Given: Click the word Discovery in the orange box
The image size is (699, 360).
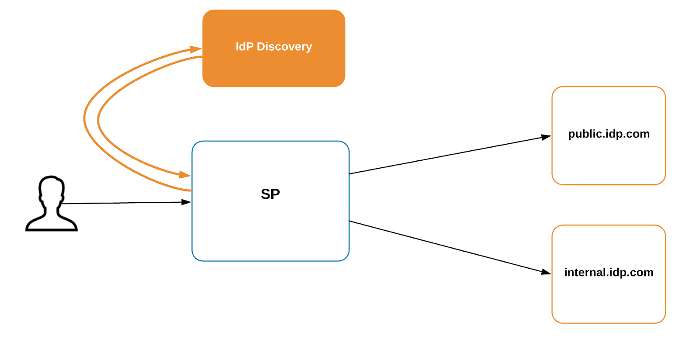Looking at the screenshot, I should coord(284,46).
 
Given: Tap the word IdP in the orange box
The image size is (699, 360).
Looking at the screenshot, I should coord(244,46).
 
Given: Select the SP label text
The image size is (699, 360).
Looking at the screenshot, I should coord(270,194).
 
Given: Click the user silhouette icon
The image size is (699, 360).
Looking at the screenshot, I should coord(52,204).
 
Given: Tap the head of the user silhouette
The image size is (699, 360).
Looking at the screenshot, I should coord(52,189).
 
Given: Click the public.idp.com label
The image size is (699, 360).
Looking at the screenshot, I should coord(609,134).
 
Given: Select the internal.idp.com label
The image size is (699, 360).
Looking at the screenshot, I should coord(609,272).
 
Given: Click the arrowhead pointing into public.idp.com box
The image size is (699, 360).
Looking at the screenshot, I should coord(546,137).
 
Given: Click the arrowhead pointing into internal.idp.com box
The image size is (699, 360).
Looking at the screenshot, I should coord(546,272).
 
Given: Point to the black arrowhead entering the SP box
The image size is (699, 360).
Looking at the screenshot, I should coord(187,202).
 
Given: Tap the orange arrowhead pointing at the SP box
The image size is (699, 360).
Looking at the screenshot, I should coord(185,175).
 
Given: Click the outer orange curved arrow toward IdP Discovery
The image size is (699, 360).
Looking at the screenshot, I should coord(84,118).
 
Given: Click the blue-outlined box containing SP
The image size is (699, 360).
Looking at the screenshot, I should coord(270,236).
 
